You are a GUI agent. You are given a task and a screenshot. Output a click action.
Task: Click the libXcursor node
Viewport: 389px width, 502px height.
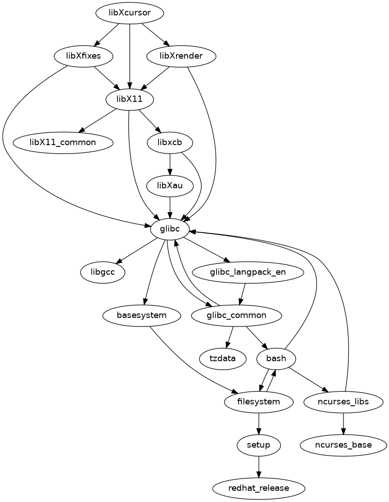point(129,14)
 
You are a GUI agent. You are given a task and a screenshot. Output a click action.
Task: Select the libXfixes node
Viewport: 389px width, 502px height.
point(83,56)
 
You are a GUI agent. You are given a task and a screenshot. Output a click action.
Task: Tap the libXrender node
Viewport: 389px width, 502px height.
point(181,56)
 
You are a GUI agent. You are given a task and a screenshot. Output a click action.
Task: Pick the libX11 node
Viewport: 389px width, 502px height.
point(129,99)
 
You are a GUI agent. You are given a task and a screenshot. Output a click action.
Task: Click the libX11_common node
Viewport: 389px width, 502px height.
point(63,142)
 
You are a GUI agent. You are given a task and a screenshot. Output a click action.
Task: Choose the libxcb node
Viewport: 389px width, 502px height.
point(170,142)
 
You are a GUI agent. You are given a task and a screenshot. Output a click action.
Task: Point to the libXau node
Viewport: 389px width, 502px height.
point(170,185)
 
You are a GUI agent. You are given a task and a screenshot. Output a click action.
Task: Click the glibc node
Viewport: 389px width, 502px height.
point(170,229)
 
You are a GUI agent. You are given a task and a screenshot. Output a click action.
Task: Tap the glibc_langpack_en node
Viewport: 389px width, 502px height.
point(248,272)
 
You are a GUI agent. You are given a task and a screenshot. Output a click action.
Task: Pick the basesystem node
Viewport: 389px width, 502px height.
point(142,315)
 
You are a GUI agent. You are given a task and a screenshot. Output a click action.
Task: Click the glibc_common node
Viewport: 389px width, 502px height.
point(236,315)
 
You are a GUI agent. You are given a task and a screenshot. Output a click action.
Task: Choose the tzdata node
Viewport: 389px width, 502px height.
point(223,358)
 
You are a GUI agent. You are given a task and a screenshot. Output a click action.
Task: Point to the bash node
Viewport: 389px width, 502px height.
point(276,358)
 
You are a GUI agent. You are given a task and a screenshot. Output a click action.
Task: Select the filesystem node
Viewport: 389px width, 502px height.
point(258,401)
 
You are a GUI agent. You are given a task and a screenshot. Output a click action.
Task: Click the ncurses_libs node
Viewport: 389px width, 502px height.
point(344,401)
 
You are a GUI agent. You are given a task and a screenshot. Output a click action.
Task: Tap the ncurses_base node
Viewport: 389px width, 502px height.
point(344,445)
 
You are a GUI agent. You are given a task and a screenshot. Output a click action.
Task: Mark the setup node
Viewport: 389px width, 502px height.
point(258,445)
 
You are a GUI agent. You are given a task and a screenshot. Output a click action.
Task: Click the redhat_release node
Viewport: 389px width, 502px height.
point(258,488)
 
